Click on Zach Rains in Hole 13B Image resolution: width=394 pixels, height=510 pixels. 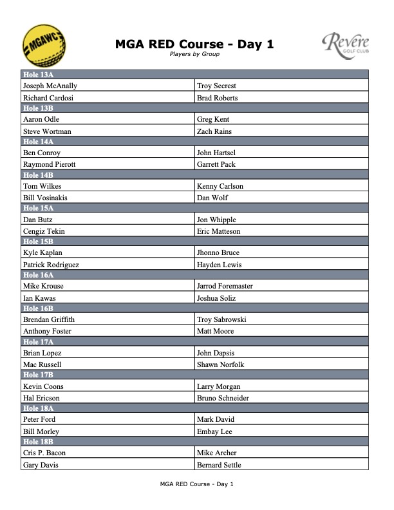coord(214,131)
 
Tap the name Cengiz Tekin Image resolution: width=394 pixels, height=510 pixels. coord(43,231)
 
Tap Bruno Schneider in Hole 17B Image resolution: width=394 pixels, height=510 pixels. coord(223,398)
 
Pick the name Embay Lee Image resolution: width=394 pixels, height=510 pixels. coord(214,431)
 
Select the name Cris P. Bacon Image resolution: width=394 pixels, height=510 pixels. coord(44,453)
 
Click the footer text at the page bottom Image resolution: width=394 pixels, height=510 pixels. coord(196,484)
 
